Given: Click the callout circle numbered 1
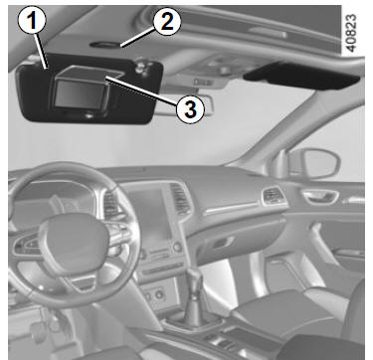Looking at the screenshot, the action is tap(32, 21).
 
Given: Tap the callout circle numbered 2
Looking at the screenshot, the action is tap(167, 22).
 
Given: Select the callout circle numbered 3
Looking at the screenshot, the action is tap(190, 109).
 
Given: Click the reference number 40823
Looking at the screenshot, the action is tap(351, 33).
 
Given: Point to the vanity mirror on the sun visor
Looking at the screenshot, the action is tap(81, 94).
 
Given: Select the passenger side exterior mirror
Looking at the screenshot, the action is tap(313, 163).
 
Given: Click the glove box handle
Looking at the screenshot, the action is tap(223, 244).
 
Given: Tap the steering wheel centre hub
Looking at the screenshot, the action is tap(74, 239).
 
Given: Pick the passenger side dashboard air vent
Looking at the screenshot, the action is tap(274, 196).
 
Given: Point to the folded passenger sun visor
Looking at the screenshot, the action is tap(301, 76).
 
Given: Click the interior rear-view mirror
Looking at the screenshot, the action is tap(184, 105).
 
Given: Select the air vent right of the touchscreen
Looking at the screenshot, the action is tap(180, 200).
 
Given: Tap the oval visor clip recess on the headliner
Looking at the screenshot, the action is tap(104, 45).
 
